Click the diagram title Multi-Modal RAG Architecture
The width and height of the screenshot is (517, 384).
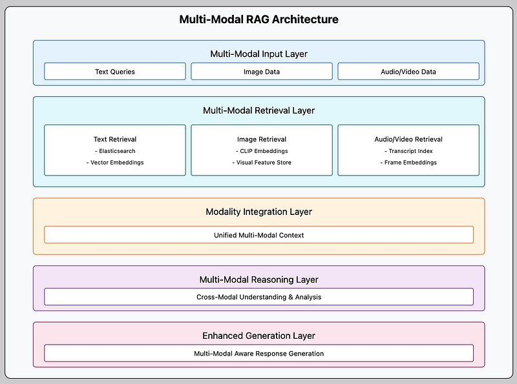[x=259, y=19]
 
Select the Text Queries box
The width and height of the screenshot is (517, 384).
[x=115, y=71]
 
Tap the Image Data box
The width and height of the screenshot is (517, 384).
[x=262, y=71]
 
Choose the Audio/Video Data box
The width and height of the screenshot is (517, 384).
[x=408, y=71]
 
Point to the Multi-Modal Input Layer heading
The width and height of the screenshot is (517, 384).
[x=259, y=54]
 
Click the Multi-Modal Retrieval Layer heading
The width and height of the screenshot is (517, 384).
[x=259, y=110]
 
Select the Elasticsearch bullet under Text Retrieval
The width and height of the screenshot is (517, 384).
[x=115, y=151]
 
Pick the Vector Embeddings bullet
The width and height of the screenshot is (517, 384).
[x=115, y=163]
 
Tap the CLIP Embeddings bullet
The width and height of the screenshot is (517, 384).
[x=262, y=151]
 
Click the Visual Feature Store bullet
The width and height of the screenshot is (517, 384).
[x=262, y=163]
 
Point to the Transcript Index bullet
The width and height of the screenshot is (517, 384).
[x=408, y=151]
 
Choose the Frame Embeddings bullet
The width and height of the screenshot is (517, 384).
[x=408, y=163]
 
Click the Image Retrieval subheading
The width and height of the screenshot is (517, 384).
[x=262, y=139]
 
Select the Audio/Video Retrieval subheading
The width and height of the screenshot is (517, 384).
[x=408, y=139]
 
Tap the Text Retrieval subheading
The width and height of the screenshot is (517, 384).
[x=115, y=139]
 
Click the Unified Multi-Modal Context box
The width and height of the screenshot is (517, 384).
[x=259, y=235]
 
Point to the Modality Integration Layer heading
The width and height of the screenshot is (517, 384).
[x=259, y=212]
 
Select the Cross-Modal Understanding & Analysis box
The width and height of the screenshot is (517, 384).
[x=259, y=297]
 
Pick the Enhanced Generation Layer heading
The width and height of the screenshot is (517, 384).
[x=259, y=336]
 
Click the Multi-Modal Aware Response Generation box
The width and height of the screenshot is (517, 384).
[x=259, y=354]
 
